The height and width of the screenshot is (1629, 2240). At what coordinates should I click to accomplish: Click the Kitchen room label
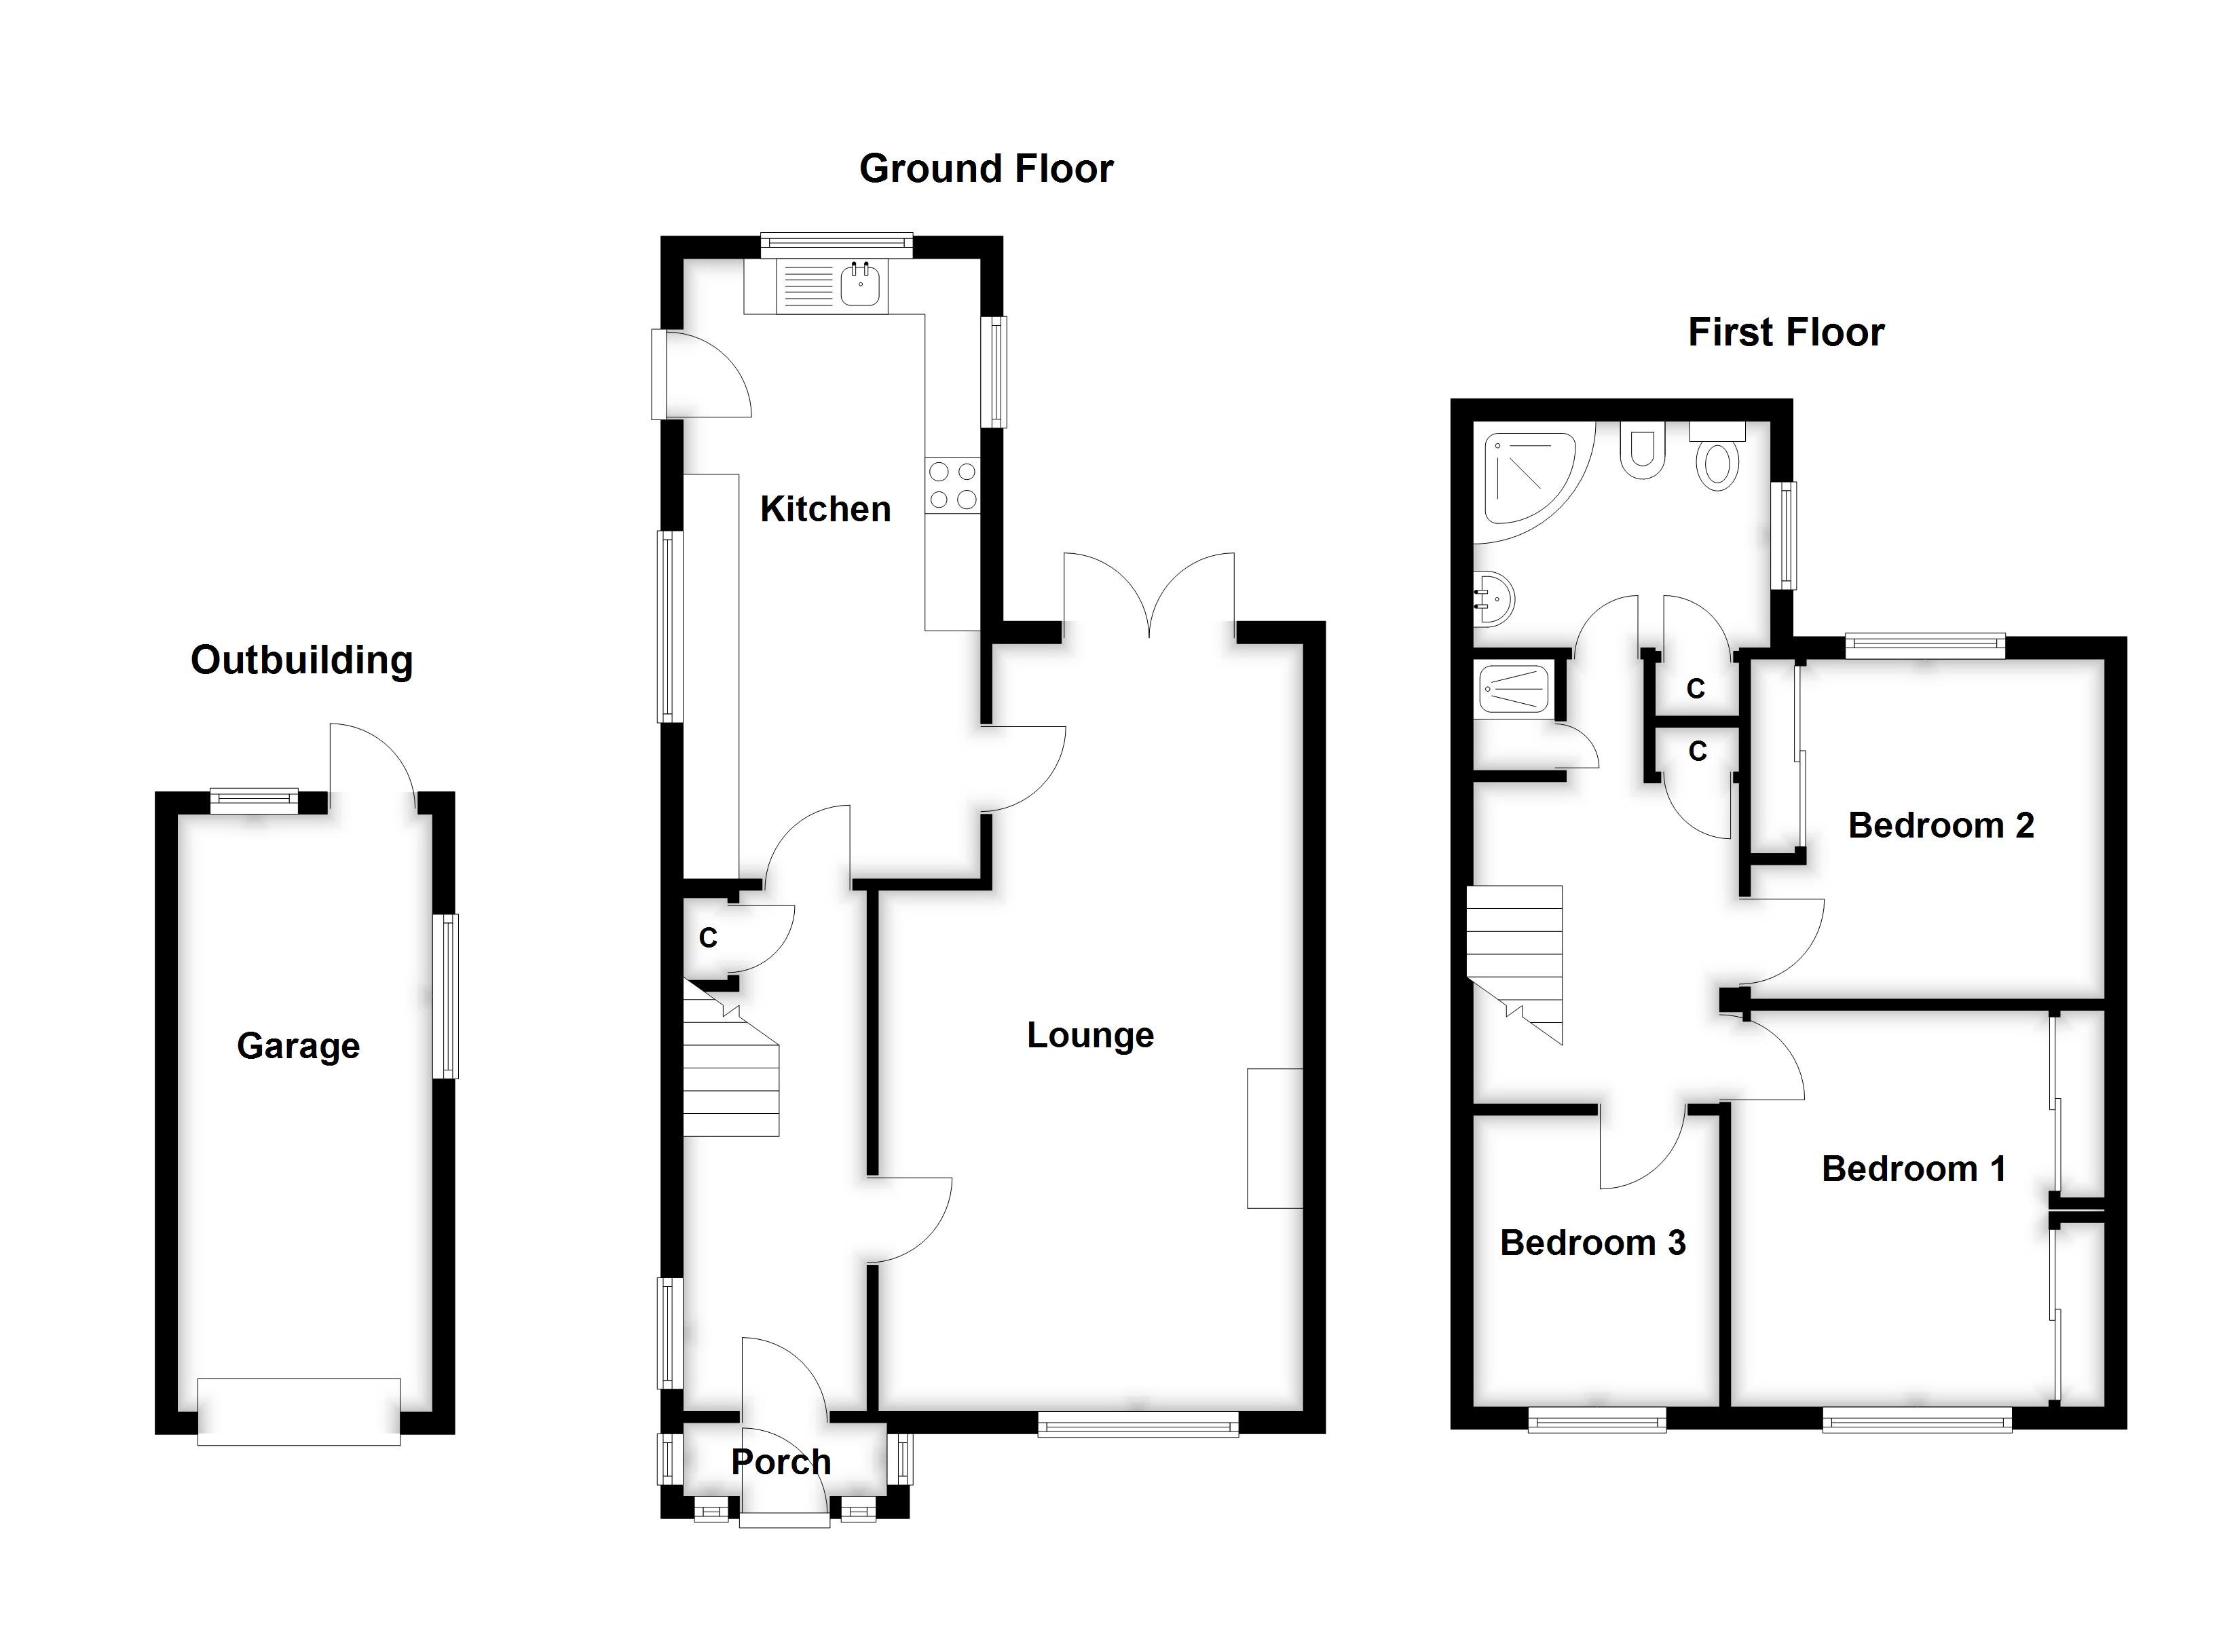click(825, 510)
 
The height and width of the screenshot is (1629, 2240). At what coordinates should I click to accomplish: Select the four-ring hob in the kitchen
click(952, 486)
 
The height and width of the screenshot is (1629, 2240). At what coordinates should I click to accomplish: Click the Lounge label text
click(1089, 1035)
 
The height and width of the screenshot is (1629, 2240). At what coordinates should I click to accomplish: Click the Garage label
click(297, 1046)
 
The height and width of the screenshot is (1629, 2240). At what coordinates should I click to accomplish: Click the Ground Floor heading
click(986, 169)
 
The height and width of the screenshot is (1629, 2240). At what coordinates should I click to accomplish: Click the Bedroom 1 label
click(1913, 1169)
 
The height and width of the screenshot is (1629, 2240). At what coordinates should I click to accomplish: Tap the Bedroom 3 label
click(1592, 1243)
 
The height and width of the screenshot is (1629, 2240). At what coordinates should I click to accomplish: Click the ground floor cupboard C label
click(708, 939)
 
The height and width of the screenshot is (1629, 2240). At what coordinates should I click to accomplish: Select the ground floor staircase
click(731, 1072)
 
